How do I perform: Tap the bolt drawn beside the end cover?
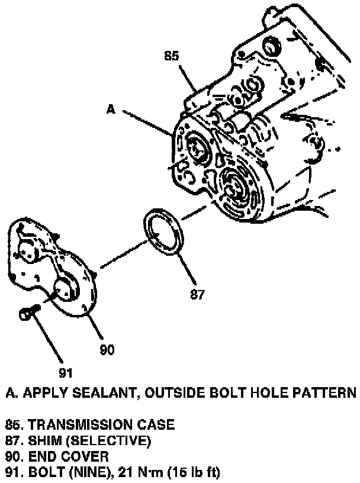coord(28,313)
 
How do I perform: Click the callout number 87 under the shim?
coord(197,294)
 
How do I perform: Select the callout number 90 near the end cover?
coord(107,349)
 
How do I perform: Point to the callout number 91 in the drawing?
coord(65,372)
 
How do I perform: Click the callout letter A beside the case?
coord(111,109)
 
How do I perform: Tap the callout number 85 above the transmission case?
coord(172,57)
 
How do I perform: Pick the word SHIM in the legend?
coord(44,440)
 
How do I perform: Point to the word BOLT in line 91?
coord(46,472)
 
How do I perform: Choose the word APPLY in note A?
coord(43,392)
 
